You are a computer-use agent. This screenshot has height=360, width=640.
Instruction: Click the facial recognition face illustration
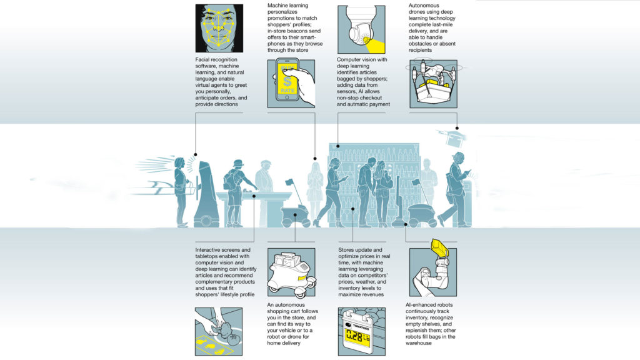[x=219, y=28]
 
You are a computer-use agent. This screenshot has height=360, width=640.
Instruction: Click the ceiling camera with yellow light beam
[x=361, y=29]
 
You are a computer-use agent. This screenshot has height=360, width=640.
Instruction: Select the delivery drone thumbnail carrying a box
[x=434, y=84]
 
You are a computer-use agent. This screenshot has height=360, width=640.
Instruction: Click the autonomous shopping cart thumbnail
[x=291, y=272]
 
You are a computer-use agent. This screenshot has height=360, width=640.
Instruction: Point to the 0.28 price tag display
[x=358, y=336]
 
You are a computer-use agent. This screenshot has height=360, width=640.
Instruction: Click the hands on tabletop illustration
[x=219, y=331]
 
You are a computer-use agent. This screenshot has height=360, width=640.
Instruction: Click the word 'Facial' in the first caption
[x=203, y=59]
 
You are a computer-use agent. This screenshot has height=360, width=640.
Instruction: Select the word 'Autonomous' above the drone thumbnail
[x=424, y=5]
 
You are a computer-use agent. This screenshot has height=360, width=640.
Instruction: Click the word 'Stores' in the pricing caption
[x=346, y=250]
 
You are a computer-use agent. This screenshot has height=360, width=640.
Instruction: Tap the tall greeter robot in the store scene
[x=206, y=194]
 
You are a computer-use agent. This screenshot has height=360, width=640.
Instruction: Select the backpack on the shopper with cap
[x=229, y=181]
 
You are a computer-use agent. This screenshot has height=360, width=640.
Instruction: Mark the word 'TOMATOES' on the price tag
[x=361, y=327]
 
